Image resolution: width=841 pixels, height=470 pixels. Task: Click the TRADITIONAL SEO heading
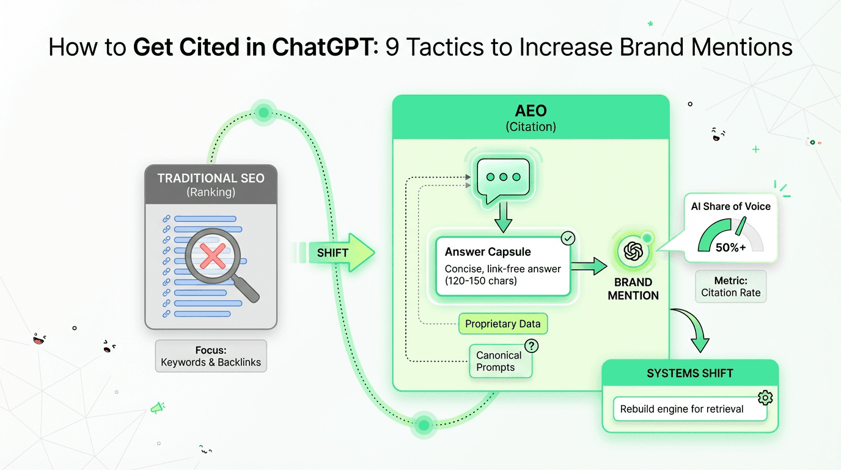click(211, 179)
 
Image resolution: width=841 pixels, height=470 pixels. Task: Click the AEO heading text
click(531, 111)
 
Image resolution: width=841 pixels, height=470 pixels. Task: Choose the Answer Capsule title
click(488, 252)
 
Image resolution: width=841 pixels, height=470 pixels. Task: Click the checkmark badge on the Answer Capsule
click(567, 237)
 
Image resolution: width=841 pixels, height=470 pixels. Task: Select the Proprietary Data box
click(502, 324)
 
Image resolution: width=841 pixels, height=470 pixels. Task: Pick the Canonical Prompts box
click(499, 361)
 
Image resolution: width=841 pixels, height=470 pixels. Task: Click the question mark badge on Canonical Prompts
click(532, 346)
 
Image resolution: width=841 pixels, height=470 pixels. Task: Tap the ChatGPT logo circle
click(633, 252)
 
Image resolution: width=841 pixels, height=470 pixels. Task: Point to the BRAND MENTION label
click(633, 289)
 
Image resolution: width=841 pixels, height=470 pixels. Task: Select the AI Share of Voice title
click(730, 207)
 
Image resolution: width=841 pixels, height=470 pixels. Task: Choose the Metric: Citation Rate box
click(730, 286)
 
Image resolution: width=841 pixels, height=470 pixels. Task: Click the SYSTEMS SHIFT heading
click(690, 373)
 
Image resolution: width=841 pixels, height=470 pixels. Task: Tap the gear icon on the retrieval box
click(765, 398)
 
